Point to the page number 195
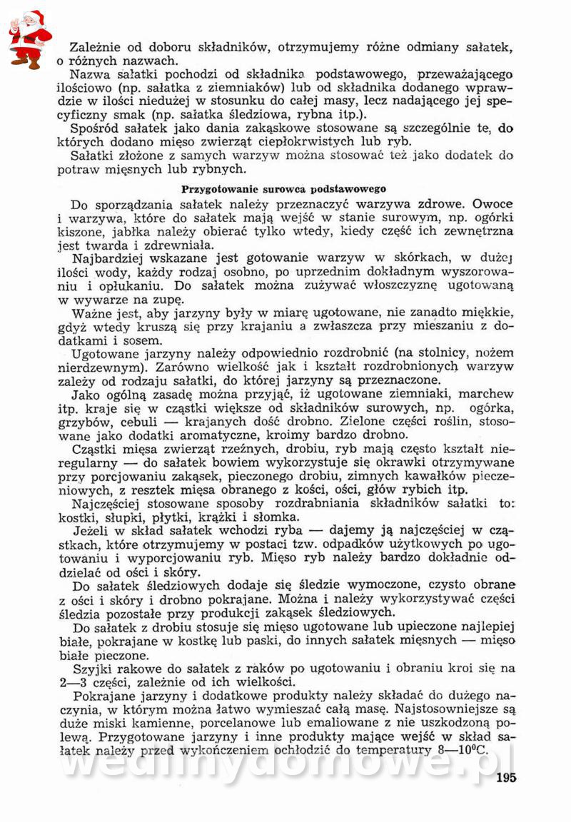click(x=505, y=778)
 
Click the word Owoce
click(x=492, y=205)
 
